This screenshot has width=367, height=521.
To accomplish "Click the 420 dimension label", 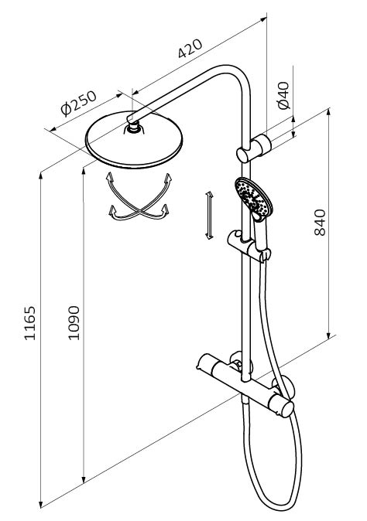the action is click(x=190, y=49).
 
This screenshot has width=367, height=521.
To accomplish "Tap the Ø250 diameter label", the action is click(x=78, y=104).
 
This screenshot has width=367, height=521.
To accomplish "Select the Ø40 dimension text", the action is click(x=283, y=95).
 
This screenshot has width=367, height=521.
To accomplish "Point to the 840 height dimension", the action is click(x=320, y=223).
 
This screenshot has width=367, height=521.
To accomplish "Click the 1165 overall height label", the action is click(x=29, y=323).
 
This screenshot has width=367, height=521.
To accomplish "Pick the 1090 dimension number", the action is click(x=74, y=323).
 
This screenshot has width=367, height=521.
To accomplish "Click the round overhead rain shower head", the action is click(x=134, y=140).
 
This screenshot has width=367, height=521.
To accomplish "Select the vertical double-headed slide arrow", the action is click(x=209, y=216).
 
